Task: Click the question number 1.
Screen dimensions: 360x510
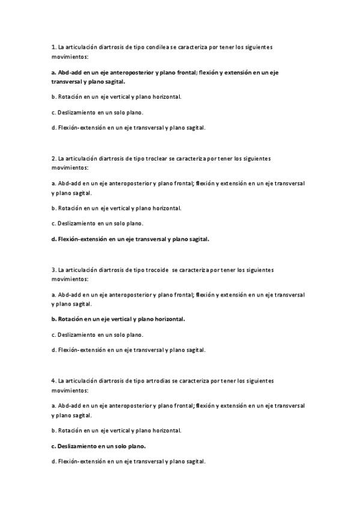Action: pos(53,46)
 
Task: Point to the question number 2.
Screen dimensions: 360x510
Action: pos(53,159)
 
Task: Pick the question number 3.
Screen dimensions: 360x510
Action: pos(53,270)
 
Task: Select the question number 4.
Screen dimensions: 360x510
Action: pos(53,381)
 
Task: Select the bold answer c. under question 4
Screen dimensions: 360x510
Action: pos(99,447)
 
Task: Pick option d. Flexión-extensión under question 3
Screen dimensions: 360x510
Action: pos(129,349)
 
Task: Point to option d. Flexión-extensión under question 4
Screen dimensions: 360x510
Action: pos(129,461)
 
